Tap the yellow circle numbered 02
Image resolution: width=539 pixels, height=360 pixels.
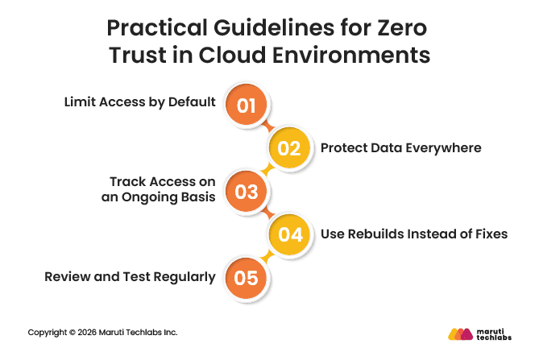point(289,148)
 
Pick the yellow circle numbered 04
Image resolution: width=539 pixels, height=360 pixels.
point(289,234)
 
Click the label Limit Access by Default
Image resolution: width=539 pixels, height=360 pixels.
point(139,102)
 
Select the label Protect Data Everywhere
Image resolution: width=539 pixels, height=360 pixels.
point(400,148)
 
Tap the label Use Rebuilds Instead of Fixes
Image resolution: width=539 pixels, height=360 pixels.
point(414,234)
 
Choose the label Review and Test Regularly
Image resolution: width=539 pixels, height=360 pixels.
point(130,277)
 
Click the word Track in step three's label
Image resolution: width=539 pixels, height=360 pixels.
point(128,182)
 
